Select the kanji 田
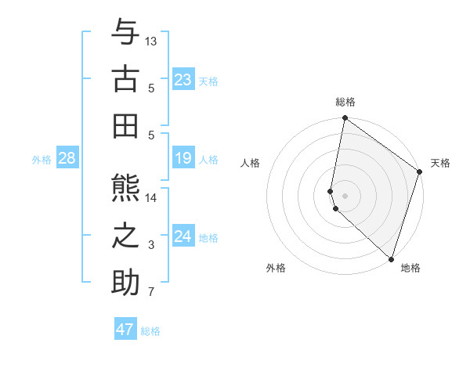click(125, 125)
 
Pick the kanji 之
click(125, 236)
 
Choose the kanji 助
click(125, 283)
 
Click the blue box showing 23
click(183, 79)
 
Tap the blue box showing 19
click(183, 159)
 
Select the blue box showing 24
click(183, 236)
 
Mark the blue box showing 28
click(67, 159)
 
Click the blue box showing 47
click(125, 330)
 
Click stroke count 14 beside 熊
click(151, 197)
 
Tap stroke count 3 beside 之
click(151, 245)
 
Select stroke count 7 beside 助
click(151, 292)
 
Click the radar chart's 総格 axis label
click(345, 102)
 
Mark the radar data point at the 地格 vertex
click(391, 259)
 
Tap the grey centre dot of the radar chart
click(345, 195)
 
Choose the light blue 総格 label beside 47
click(150, 331)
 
